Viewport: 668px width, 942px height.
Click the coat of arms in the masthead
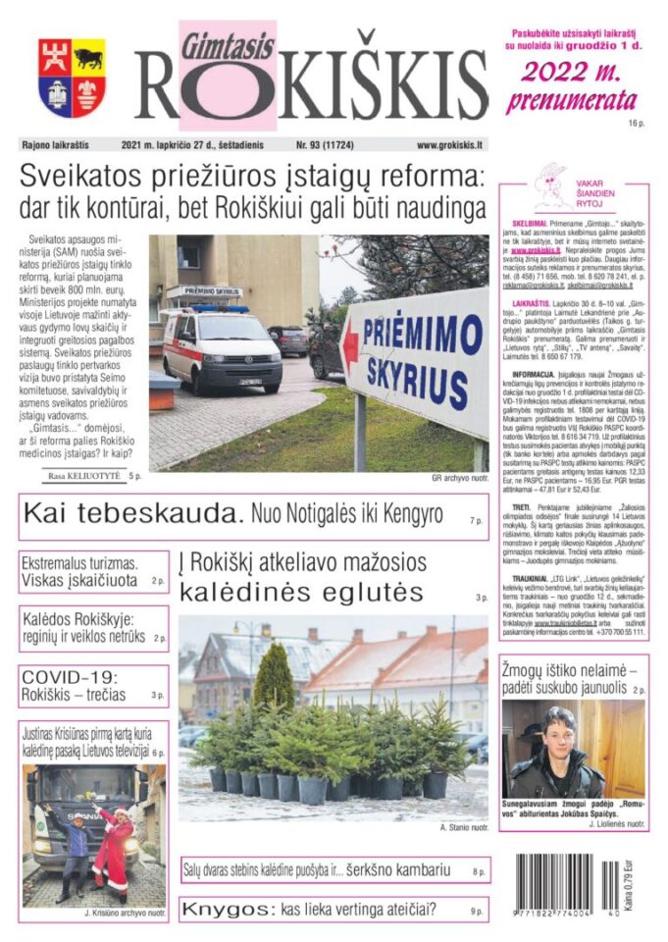[73, 78]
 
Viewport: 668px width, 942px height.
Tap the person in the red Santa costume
[113, 843]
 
